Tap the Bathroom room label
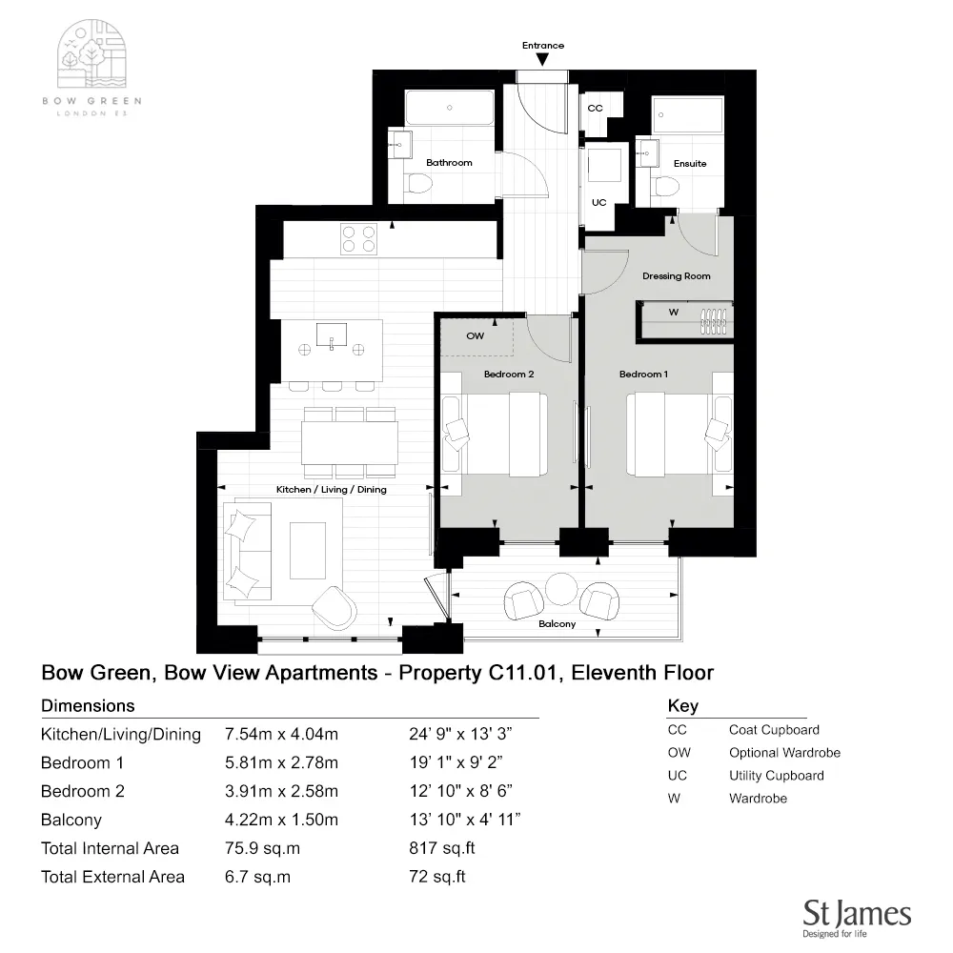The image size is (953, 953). [449, 163]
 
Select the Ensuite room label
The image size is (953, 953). [690, 164]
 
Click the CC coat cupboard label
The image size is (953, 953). [596, 109]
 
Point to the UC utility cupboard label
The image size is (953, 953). [599, 203]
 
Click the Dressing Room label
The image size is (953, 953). [676, 276]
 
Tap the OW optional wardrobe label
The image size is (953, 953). [475, 336]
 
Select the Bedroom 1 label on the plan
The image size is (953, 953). [643, 375]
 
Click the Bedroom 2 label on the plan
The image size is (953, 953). [509, 375]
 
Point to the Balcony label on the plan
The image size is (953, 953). [558, 624]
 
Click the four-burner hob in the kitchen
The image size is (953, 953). [358, 237]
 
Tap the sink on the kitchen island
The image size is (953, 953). [332, 335]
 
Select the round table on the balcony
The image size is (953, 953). [562, 588]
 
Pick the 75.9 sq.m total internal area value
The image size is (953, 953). [258, 848]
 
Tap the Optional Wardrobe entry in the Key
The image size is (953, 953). [784, 753]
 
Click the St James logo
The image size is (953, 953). [857, 917]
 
